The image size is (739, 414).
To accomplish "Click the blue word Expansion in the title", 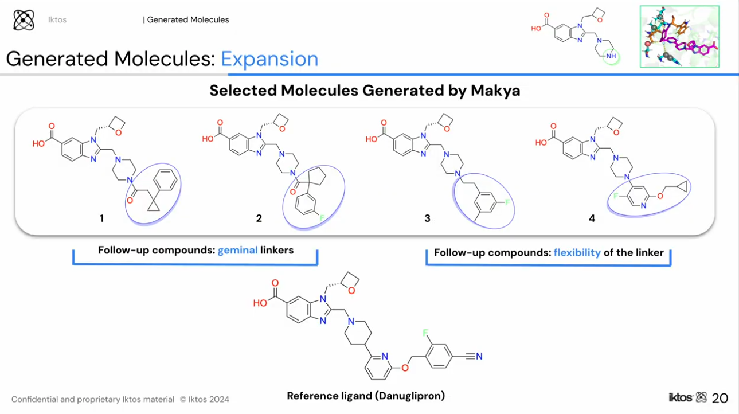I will click(269, 59).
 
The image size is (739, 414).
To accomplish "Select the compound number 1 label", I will click(101, 218).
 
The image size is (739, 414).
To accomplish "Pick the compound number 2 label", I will click(259, 218).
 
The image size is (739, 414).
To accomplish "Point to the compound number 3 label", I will click(427, 218).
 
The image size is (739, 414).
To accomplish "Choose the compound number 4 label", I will click(592, 218).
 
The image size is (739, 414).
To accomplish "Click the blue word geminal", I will click(237, 250).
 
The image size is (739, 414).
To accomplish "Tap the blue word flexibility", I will click(577, 252).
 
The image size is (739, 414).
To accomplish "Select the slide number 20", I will click(720, 398).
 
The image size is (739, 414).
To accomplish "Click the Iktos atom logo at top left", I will click(24, 20).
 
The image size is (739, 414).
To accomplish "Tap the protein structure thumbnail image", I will click(679, 37).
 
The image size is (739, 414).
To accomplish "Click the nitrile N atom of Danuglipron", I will click(479, 357).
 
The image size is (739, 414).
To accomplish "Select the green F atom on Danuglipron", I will click(425, 333).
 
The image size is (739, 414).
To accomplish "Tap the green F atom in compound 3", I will click(507, 202).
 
